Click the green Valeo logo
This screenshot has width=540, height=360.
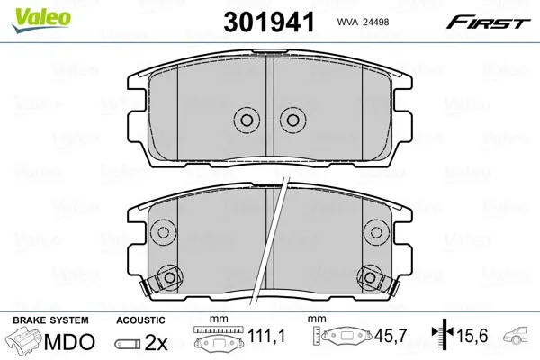[x=41, y=21]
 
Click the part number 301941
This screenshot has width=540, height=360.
[x=269, y=22]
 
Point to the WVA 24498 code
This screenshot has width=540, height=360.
[x=363, y=22]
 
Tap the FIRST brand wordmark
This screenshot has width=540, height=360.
[x=488, y=22]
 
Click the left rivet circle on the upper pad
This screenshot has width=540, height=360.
[x=247, y=121]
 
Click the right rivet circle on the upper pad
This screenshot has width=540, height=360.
[x=292, y=121]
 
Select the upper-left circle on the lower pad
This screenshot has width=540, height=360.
[x=163, y=232]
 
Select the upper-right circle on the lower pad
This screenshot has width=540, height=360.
[x=376, y=232]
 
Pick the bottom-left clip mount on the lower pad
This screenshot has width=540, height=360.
[x=169, y=277]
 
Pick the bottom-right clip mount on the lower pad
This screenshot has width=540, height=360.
[x=370, y=277]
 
